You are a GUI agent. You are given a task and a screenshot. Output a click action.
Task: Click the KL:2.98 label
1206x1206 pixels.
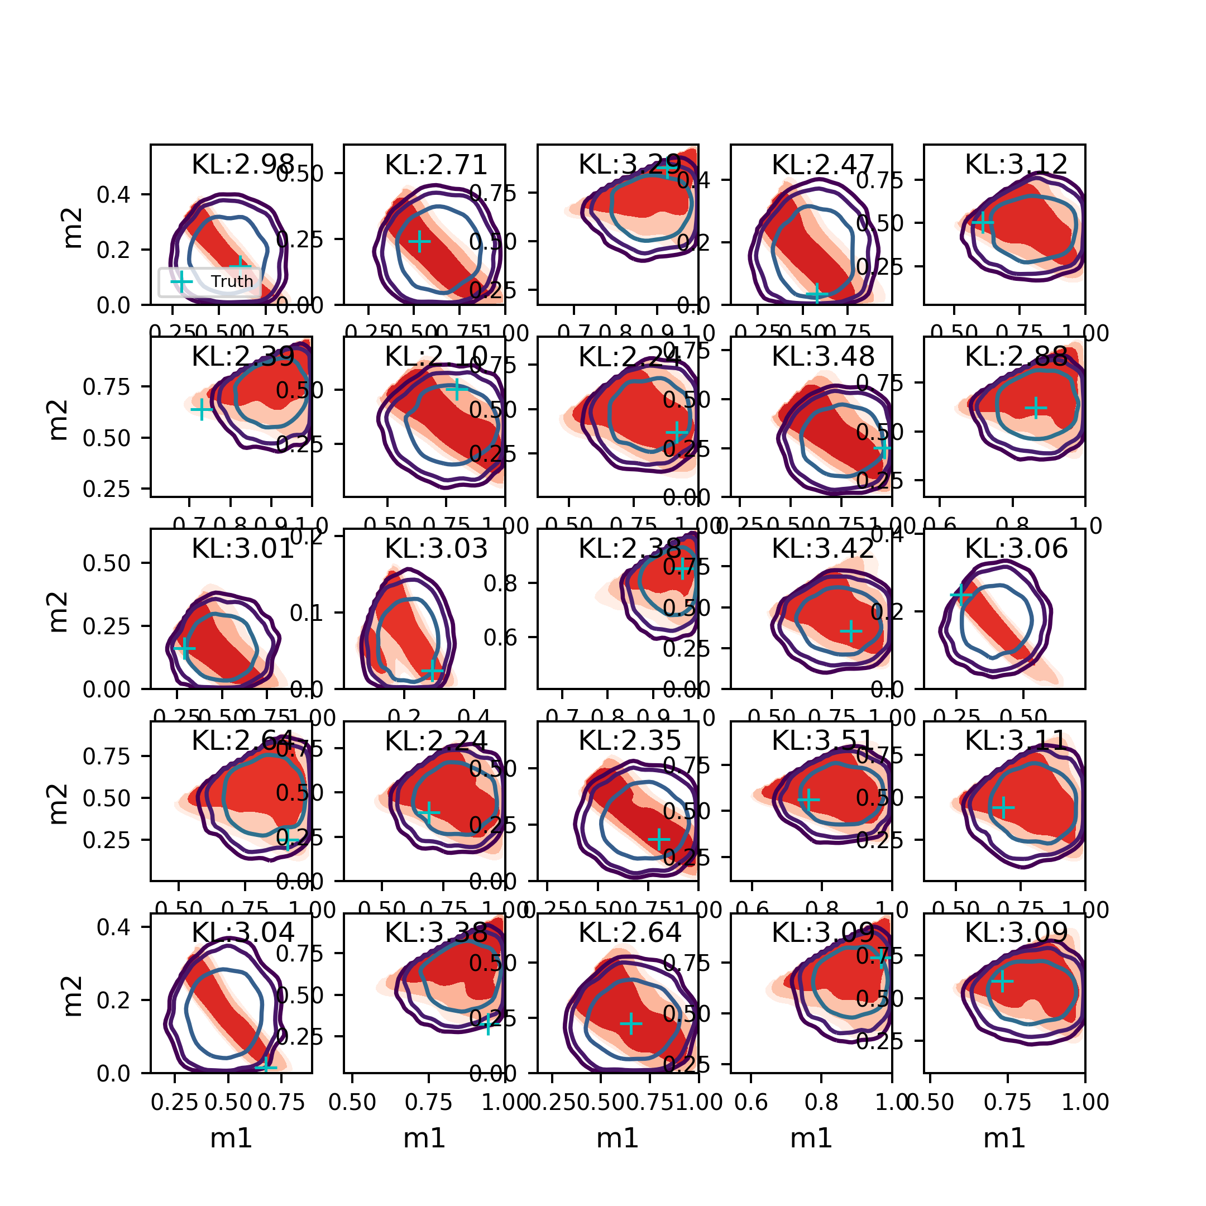pos(242,165)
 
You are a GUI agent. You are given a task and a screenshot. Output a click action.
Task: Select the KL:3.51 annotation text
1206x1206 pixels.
pos(823,741)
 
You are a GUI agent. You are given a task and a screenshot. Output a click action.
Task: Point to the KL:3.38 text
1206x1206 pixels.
pos(435,933)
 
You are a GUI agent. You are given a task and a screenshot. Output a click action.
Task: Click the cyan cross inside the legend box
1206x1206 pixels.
pos(181,282)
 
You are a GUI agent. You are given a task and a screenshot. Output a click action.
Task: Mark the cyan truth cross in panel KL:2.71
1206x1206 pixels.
pos(419,241)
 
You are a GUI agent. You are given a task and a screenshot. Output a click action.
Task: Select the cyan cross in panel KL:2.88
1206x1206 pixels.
pos(1036,408)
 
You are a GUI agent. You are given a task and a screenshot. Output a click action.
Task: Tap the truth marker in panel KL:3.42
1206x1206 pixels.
pos(851,631)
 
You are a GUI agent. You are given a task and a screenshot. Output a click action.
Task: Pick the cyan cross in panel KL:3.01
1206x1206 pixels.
pos(185,649)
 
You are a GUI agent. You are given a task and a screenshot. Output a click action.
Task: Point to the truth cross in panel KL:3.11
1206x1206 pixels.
pos(1003,808)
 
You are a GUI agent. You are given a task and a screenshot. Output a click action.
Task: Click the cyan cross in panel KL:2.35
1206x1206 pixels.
pos(659,840)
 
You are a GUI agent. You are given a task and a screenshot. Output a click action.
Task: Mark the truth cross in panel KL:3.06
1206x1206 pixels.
pos(961,596)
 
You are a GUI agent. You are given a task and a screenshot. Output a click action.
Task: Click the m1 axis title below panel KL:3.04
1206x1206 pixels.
pos(231,1138)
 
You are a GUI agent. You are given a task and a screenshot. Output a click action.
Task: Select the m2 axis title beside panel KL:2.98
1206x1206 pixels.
pos(73,228)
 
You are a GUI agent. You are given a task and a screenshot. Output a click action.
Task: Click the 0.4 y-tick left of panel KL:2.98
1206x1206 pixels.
pos(113,195)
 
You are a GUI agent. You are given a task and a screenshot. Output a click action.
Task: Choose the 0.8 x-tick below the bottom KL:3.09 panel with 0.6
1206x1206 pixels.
pos(821,1102)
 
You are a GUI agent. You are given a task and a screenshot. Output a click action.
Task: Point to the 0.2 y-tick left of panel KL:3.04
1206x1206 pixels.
pos(113,1001)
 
